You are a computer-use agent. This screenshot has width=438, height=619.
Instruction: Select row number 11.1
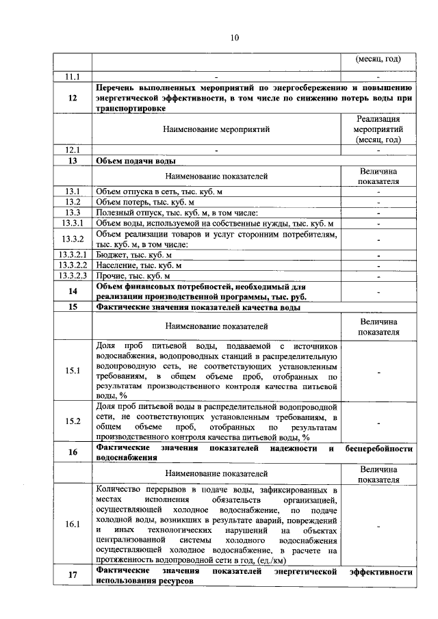click(x=73, y=77)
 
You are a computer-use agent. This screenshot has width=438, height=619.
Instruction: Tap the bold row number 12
click(x=73, y=98)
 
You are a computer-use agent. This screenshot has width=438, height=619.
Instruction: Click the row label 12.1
click(x=73, y=150)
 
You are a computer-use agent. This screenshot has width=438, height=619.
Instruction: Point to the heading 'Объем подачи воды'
click(x=136, y=161)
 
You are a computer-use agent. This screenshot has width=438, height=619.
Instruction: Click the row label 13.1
click(x=73, y=191)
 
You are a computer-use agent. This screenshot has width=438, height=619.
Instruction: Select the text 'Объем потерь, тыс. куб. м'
click(x=145, y=202)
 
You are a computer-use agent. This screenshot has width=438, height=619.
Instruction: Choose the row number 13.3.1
click(x=73, y=223)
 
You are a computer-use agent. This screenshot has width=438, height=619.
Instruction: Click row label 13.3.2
click(x=73, y=239)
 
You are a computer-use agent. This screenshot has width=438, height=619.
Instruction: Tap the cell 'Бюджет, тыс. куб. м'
click(x=134, y=254)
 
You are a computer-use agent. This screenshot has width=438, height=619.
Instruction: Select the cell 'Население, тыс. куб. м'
click(x=139, y=265)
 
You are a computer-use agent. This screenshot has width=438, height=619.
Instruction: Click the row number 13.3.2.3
click(x=73, y=276)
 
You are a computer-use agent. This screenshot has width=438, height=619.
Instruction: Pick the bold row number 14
click(x=73, y=291)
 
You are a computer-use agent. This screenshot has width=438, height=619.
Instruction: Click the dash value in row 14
click(x=378, y=291)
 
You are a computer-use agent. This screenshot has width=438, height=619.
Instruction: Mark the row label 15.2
click(x=73, y=421)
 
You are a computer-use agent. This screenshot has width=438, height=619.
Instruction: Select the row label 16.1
click(x=73, y=524)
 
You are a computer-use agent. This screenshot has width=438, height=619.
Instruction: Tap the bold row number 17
click(x=73, y=575)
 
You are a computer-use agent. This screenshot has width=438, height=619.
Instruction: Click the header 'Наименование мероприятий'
click(x=216, y=129)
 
